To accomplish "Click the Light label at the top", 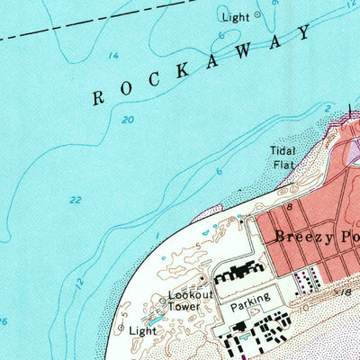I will point(236,17).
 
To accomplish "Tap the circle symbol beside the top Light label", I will point(256,14).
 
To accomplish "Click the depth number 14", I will point(113,57).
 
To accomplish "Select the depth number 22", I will point(75,200).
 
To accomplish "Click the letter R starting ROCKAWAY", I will point(97,98).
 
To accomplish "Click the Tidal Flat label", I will point(283,157).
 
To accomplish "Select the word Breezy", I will point(303,238).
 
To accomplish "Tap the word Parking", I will point(248,307).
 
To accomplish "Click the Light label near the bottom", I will point(142,331).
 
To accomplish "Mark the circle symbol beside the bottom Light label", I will point(121,328).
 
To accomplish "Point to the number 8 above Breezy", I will point(290,207).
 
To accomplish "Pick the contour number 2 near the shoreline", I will point(328,106).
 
